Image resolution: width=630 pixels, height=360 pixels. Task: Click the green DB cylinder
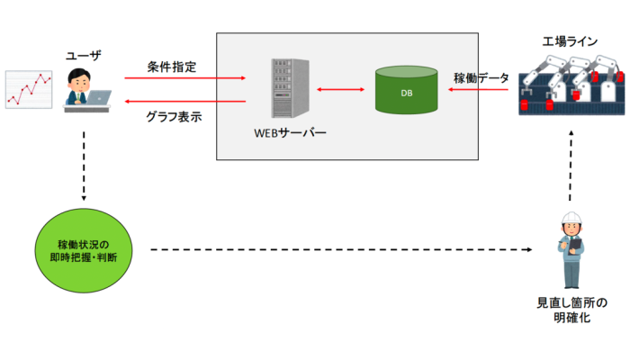(x=406, y=90)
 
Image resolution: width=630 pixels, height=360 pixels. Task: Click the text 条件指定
(x=171, y=67)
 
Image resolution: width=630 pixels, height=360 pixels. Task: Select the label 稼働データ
(x=481, y=77)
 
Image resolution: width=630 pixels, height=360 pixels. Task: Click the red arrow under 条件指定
(x=185, y=79)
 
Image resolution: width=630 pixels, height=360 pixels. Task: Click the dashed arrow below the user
(x=83, y=166)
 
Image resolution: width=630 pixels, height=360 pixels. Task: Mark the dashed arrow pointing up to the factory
(x=570, y=166)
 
